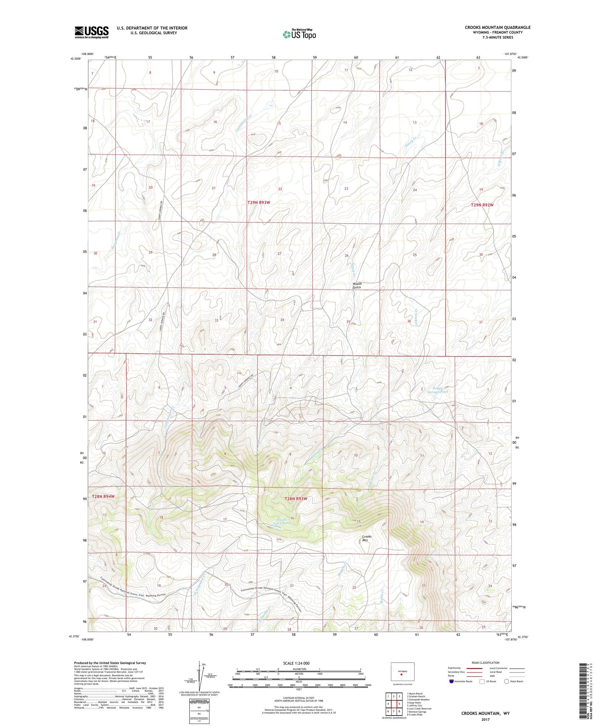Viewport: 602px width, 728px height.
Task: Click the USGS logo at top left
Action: pos(92,32)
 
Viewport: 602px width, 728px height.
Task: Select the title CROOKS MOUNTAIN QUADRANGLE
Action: pos(497,27)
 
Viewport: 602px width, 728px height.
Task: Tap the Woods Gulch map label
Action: pos(357,285)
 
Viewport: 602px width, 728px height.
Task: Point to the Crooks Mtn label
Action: pos(367,538)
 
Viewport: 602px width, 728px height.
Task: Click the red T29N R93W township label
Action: pos(259,203)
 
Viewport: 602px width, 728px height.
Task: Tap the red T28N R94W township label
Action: pos(103,497)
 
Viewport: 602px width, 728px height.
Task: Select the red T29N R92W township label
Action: pos(482,205)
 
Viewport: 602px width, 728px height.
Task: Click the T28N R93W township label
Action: pos(296,499)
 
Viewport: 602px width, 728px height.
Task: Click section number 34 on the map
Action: pos(282,320)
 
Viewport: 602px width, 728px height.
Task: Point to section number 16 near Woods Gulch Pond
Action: pos(293,518)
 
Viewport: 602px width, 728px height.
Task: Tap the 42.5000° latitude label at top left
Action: pos(75,59)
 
